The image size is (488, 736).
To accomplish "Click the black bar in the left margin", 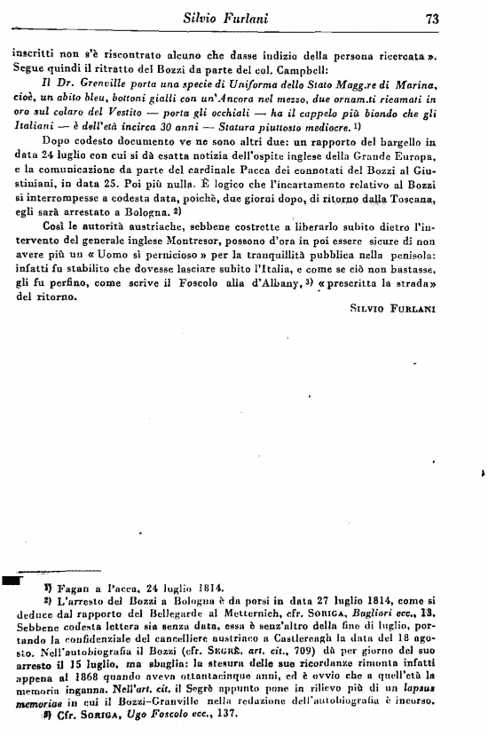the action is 12,580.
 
